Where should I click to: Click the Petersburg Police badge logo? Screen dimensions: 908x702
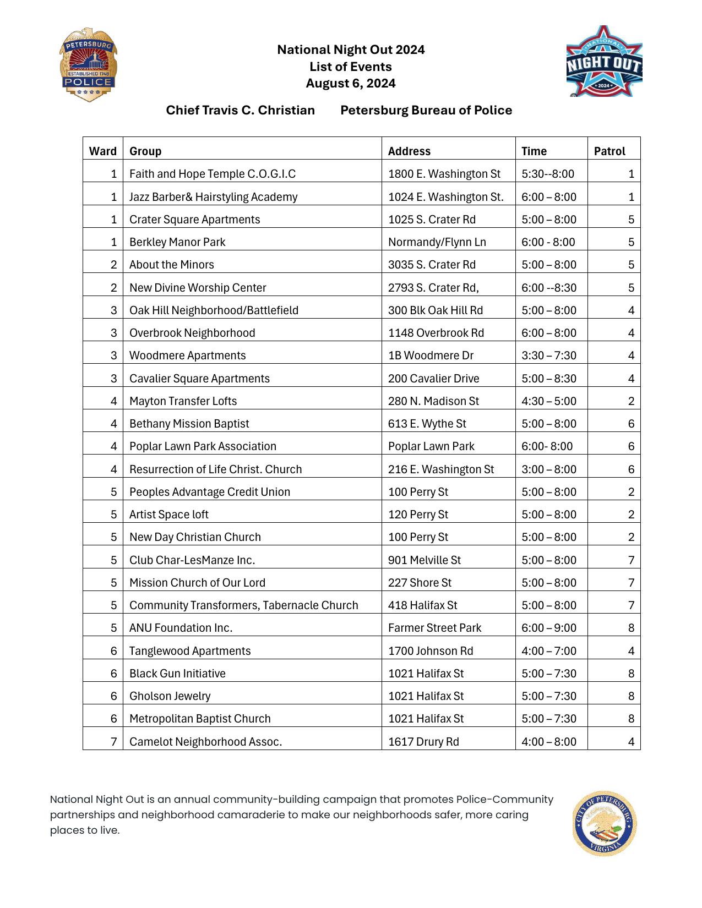tap(88, 65)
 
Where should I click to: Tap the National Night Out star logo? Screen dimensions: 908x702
tap(604, 62)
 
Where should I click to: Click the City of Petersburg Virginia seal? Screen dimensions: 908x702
tap(604, 824)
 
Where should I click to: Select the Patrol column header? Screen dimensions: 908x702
tap(609, 151)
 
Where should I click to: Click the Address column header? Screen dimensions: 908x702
tap(409, 151)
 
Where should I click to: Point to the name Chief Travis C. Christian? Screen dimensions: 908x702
tap(240, 110)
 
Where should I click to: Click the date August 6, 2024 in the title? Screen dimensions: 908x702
tap(351, 83)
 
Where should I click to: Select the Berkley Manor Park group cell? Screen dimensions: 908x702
tap(177, 242)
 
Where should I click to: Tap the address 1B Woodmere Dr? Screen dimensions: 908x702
tap(431, 355)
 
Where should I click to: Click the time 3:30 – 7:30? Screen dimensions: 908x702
tap(549, 355)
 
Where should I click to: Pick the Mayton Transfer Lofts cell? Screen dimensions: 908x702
tap(183, 401)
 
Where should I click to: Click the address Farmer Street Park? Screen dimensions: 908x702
tap(434, 628)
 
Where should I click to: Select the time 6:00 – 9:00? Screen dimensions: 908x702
tap(549, 628)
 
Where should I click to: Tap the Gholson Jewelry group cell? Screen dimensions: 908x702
tap(170, 696)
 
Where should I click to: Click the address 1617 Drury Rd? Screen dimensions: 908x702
tap(423, 742)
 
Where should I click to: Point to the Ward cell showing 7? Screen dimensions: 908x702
tap(113, 742)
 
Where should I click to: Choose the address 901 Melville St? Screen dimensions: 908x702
tap(424, 560)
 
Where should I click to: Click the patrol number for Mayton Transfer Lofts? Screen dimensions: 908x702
tap(631, 401)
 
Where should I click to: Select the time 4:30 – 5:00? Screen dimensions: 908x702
tap(549, 401)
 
